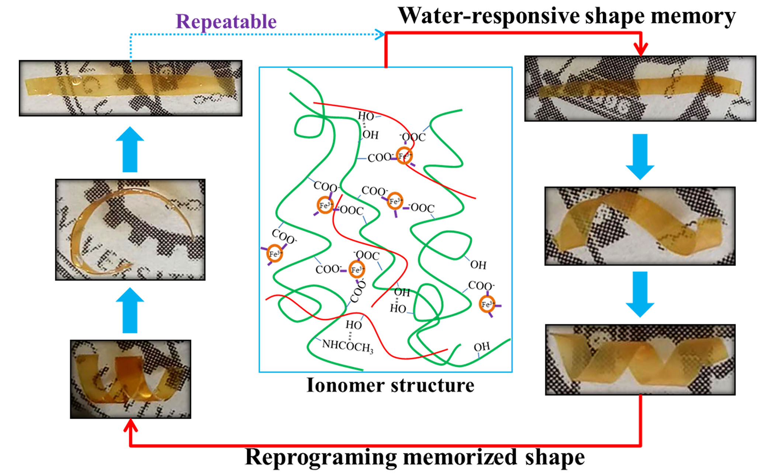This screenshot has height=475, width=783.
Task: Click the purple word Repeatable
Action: (226, 21)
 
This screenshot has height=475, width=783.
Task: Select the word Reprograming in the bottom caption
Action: (321, 457)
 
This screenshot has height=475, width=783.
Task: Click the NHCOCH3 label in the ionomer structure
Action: (347, 346)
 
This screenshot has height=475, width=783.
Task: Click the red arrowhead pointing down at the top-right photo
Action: (641, 49)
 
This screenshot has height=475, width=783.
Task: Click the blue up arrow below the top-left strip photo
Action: (130, 149)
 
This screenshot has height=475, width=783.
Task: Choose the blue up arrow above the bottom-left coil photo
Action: (130, 310)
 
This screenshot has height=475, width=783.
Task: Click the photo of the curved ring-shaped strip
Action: (130, 230)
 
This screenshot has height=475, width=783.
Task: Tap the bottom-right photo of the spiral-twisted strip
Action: (640, 360)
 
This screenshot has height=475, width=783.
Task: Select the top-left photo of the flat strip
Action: (131, 88)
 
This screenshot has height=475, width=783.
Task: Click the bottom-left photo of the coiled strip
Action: (131, 379)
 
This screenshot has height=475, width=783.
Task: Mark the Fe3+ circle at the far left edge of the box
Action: (274, 254)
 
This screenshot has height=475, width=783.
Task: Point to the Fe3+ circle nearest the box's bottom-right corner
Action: (486, 304)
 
